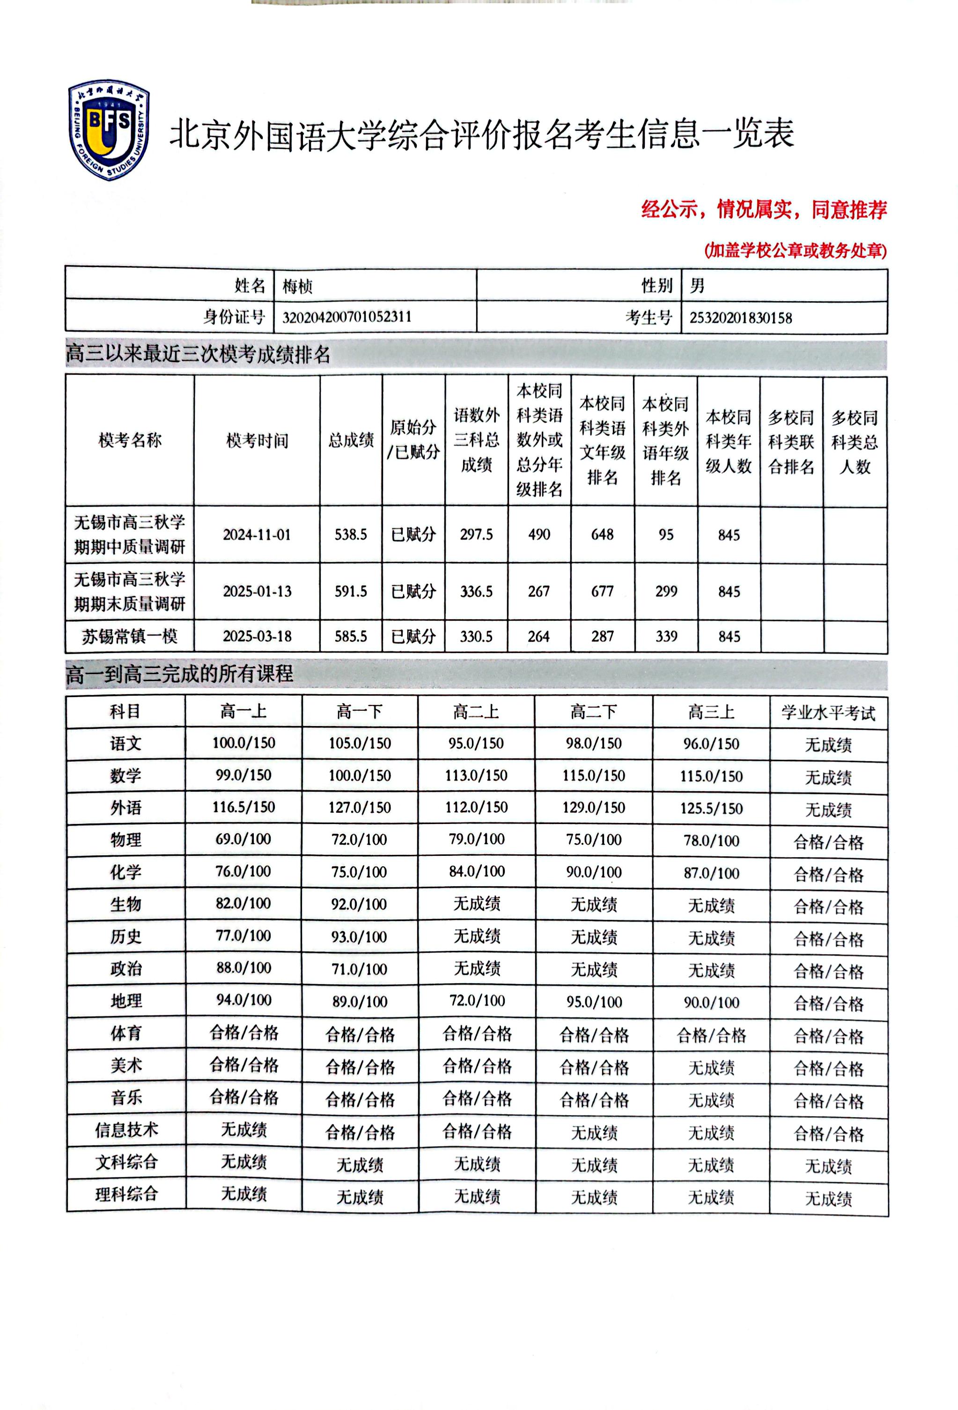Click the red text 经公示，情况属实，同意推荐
[x=764, y=209]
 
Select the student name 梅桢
[x=297, y=286]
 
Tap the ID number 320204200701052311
[x=347, y=317]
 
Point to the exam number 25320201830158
[x=740, y=317]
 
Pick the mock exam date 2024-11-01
[x=257, y=534]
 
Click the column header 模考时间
[x=257, y=440]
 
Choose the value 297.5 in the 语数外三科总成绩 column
[x=476, y=534]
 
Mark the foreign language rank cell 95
[x=666, y=534]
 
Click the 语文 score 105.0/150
[x=360, y=743]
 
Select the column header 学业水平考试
[x=828, y=712]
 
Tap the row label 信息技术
[x=126, y=1130]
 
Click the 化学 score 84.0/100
[x=477, y=871]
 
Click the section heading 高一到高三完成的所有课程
[x=179, y=674]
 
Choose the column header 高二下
[x=594, y=712]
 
